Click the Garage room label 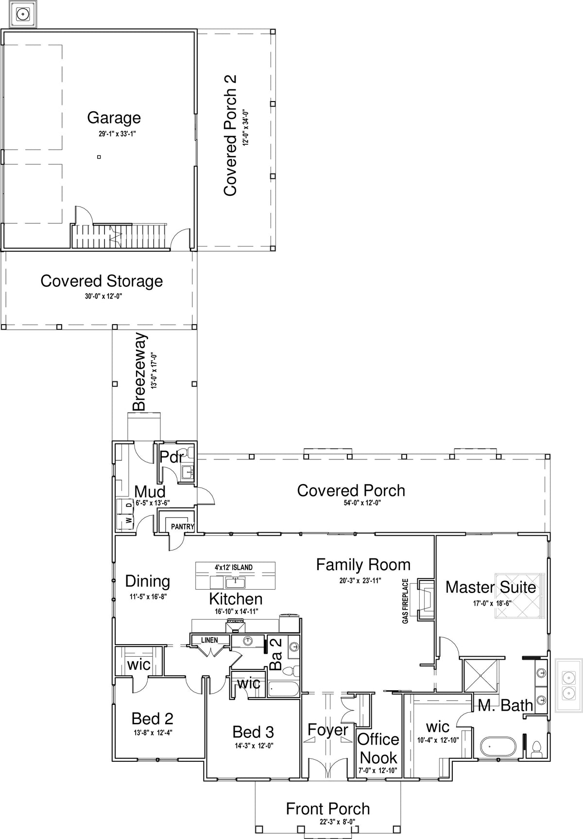pyautogui.click(x=114, y=118)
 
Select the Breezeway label pyautogui.click(x=140, y=372)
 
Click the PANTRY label pyautogui.click(x=183, y=526)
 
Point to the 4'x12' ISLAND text pyautogui.click(x=234, y=567)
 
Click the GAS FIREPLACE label pyautogui.click(x=405, y=601)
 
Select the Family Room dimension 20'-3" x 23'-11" pyautogui.click(x=360, y=580)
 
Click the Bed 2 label pyautogui.click(x=152, y=718)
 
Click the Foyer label pyautogui.click(x=328, y=730)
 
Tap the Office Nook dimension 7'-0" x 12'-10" pyautogui.click(x=378, y=770)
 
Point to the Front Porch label pyautogui.click(x=328, y=809)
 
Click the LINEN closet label pyautogui.click(x=210, y=640)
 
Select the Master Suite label pyautogui.click(x=491, y=587)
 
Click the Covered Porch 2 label pyautogui.click(x=230, y=135)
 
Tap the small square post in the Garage pyautogui.click(x=99, y=157)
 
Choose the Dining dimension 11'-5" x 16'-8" pyautogui.click(x=148, y=596)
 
